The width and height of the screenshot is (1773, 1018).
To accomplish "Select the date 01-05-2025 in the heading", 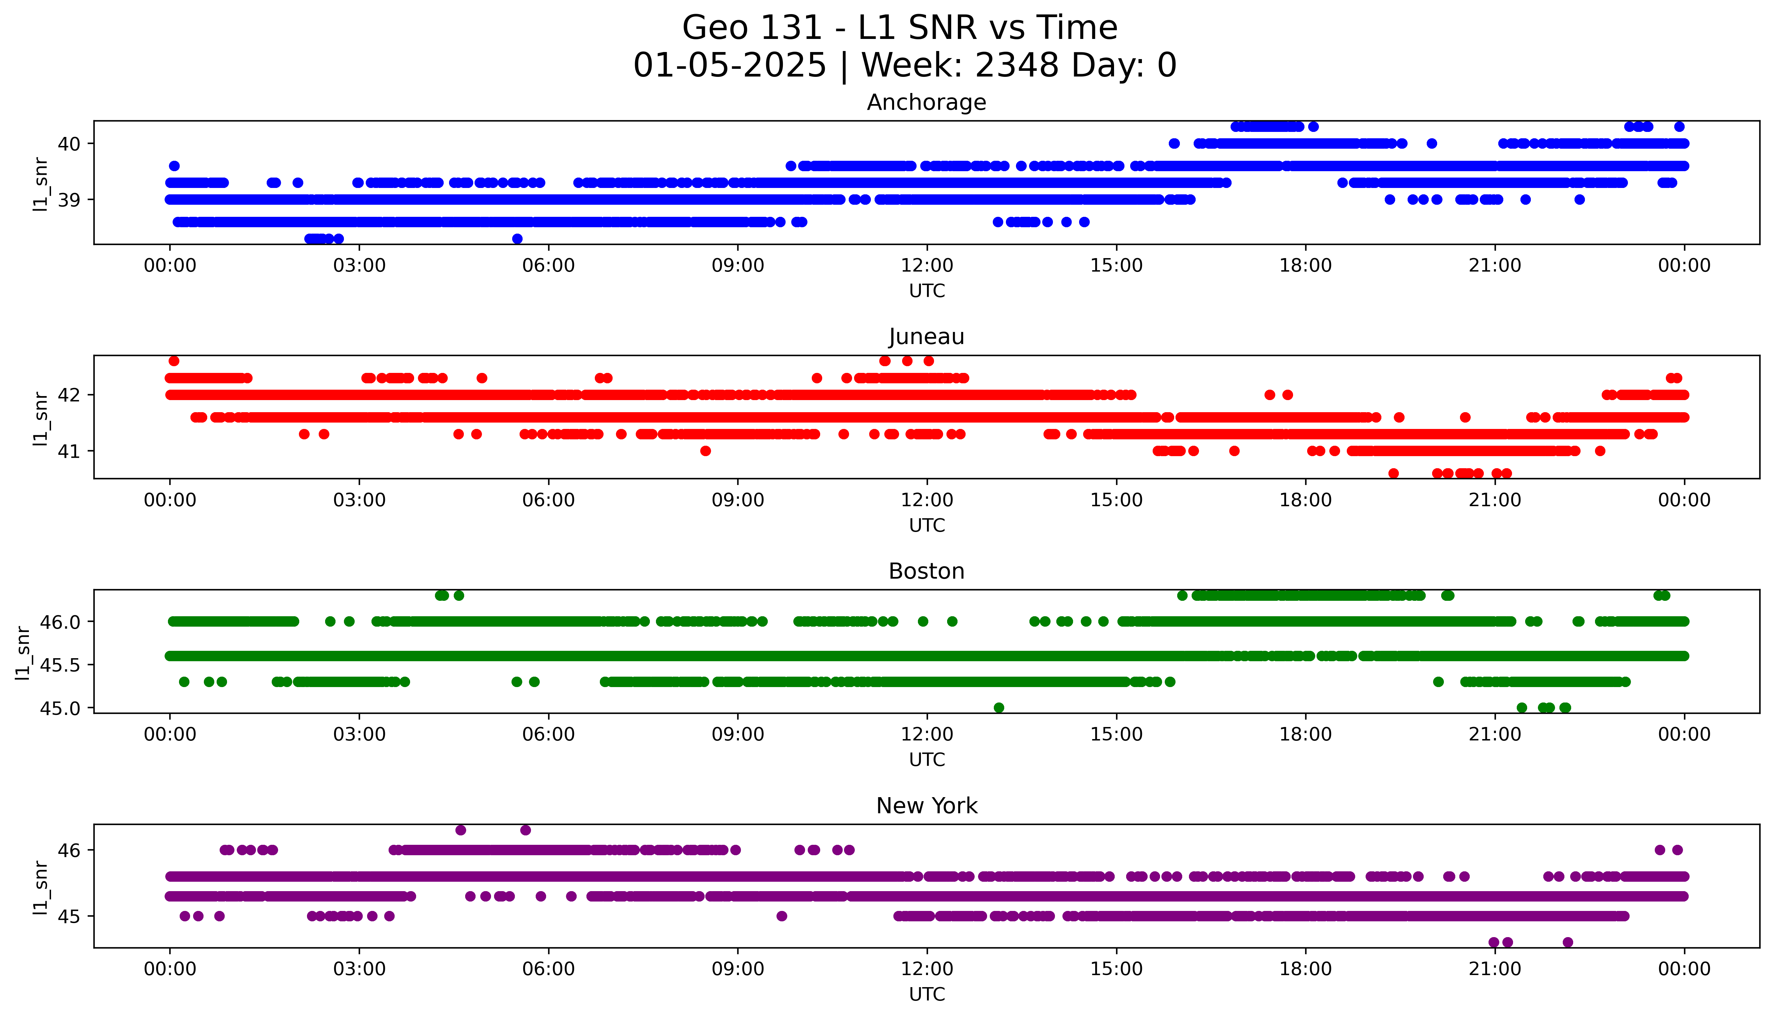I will pos(729,66).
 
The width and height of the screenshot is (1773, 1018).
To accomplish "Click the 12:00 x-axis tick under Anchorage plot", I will pos(927,266).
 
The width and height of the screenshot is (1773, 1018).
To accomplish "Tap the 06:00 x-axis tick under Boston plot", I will pos(548,734).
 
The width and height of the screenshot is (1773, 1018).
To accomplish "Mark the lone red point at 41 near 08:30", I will pos(706,451).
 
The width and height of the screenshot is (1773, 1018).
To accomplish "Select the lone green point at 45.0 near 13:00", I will pos(999,708).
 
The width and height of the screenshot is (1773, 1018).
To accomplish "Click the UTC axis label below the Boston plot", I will pos(927,759).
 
